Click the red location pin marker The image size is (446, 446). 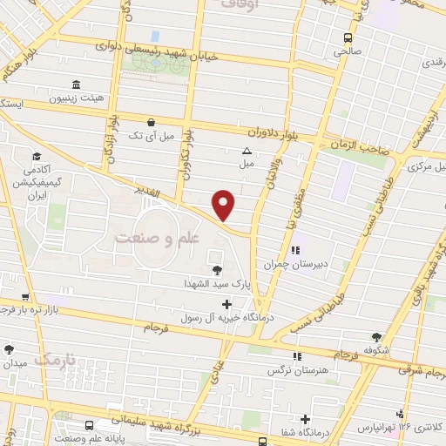point(224,205)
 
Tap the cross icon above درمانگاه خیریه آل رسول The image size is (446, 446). point(227,305)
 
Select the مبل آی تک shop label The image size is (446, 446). point(152,137)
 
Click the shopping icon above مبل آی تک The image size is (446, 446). point(152,123)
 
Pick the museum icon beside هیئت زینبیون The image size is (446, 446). point(76,84)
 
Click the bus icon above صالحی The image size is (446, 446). point(348,37)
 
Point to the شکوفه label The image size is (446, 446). point(376,352)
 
